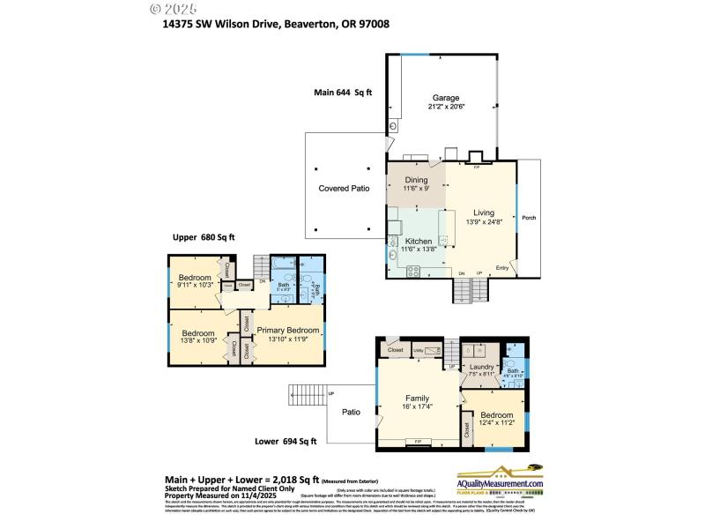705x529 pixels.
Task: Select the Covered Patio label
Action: [x=344, y=189]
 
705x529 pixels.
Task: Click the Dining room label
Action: [x=416, y=180]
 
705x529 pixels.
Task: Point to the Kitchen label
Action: [x=418, y=241]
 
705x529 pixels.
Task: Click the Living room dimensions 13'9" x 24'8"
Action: [x=483, y=222]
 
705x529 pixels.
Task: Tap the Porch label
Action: [x=529, y=218]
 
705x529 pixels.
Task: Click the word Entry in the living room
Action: [x=502, y=268]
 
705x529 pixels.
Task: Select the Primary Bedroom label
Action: [x=287, y=329]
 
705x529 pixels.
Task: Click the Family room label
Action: [x=417, y=398]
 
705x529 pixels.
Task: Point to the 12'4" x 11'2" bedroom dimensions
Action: [x=497, y=423]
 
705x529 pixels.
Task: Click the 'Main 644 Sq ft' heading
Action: [x=343, y=92]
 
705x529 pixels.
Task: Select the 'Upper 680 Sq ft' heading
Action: [x=204, y=237]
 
